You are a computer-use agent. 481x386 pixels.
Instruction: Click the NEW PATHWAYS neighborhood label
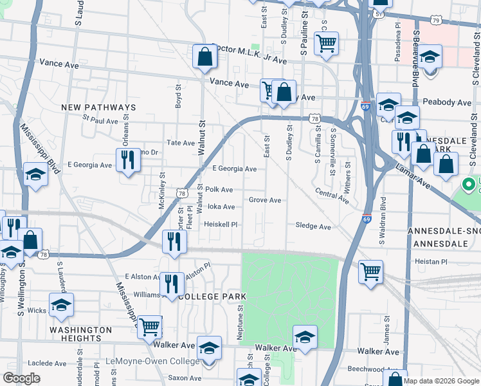coord(98,107)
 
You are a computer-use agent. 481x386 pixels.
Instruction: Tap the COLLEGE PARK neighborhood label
coord(212,296)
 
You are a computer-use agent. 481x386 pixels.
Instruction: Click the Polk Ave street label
coord(219,190)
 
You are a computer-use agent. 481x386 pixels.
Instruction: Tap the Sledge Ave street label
coord(313,226)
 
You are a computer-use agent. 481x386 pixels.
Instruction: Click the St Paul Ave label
coord(100,120)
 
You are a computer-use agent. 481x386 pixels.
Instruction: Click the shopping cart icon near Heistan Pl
coord(371,271)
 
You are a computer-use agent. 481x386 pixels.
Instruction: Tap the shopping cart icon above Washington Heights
coord(150,326)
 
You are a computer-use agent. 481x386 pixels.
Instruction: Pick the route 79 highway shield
coord(437,21)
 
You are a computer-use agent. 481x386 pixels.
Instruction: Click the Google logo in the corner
coord(21,378)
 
